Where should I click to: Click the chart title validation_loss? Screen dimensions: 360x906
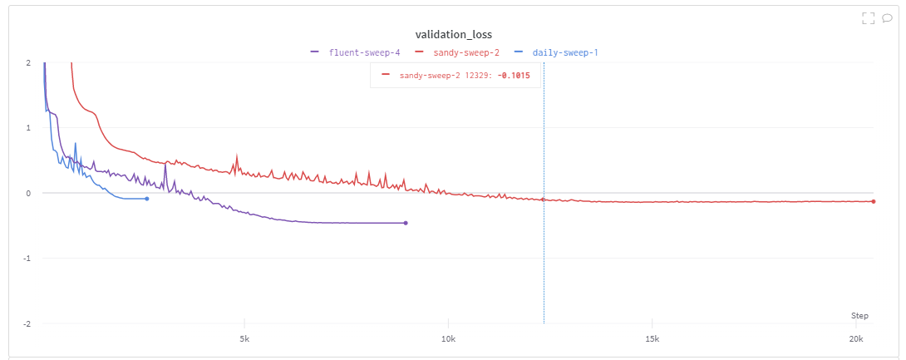(453, 34)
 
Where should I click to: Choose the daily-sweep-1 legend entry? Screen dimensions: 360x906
(564, 52)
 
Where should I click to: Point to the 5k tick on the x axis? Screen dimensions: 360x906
(244, 339)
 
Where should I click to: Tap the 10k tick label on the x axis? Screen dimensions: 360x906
(448, 339)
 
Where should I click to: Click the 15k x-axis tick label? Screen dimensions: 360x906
(652, 339)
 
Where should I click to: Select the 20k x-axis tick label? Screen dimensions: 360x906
(856, 339)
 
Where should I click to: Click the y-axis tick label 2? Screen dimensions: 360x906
(28, 62)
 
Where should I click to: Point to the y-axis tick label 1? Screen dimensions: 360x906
(28, 128)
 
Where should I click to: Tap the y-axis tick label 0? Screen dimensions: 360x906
(28, 193)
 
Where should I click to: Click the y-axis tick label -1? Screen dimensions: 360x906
(27, 259)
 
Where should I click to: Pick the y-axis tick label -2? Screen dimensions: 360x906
(27, 323)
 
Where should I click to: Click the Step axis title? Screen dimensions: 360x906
(859, 316)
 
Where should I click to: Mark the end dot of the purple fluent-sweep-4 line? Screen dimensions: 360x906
(406, 223)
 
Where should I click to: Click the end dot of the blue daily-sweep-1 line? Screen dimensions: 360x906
(147, 199)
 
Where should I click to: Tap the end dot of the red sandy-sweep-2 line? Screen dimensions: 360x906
(874, 201)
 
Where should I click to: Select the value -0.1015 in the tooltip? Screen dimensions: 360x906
(515, 76)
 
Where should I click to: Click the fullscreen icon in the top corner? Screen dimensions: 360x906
(869, 17)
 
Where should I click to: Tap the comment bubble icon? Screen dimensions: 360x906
(887, 17)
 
